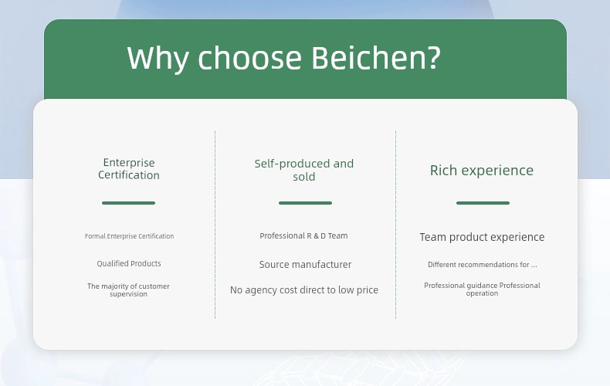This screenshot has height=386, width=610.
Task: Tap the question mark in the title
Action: click(434, 57)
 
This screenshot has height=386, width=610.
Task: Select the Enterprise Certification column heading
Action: click(129, 169)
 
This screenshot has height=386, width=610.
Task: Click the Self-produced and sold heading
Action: click(303, 170)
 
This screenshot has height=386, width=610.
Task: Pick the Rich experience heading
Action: click(482, 171)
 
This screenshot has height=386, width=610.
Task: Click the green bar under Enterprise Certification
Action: click(128, 203)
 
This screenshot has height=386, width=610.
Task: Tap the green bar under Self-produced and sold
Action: click(306, 203)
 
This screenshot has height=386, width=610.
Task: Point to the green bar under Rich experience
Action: click(483, 203)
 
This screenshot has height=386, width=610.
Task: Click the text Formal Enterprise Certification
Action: click(129, 236)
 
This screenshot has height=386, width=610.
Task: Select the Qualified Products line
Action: click(129, 263)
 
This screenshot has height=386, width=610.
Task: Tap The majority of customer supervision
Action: click(128, 290)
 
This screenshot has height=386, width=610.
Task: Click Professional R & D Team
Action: click(303, 235)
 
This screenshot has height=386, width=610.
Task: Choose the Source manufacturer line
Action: click(306, 265)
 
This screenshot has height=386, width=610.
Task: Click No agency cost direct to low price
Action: click(304, 290)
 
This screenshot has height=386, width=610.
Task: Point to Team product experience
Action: click(482, 237)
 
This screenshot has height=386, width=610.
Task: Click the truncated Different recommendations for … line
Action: click(483, 265)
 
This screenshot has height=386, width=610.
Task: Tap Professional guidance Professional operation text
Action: click(482, 289)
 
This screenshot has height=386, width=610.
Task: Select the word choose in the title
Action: click(249, 58)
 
